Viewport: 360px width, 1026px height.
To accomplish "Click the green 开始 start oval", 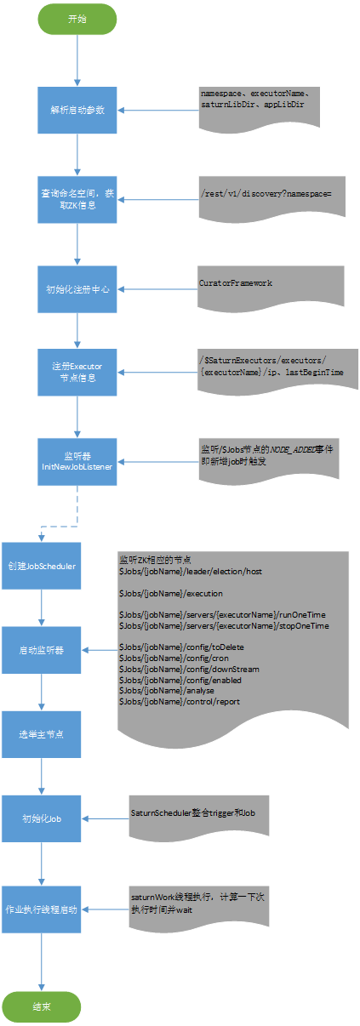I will (x=77, y=20).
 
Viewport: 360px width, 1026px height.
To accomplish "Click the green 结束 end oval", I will (x=41, y=1006).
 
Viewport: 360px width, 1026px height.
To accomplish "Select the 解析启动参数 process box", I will (x=77, y=110).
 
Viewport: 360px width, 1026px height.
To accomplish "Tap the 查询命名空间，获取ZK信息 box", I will (x=77, y=200).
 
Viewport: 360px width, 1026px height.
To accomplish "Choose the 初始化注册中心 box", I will (x=77, y=288).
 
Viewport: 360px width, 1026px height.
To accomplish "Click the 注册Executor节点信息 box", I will (x=77, y=372).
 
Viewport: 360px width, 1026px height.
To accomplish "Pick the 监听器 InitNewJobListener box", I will (x=77, y=461).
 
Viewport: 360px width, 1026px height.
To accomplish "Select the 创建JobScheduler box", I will (x=41, y=566).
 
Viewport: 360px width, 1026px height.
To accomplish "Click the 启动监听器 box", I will (x=41, y=650).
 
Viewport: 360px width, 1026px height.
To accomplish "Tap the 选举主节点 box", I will (x=41, y=734).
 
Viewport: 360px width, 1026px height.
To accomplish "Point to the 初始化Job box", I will (x=41, y=818).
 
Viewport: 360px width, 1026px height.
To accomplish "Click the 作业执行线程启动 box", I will (x=41, y=909).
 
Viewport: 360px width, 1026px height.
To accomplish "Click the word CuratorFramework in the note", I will (x=236, y=282).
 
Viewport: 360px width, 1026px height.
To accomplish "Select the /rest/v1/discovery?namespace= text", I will (x=266, y=193).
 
